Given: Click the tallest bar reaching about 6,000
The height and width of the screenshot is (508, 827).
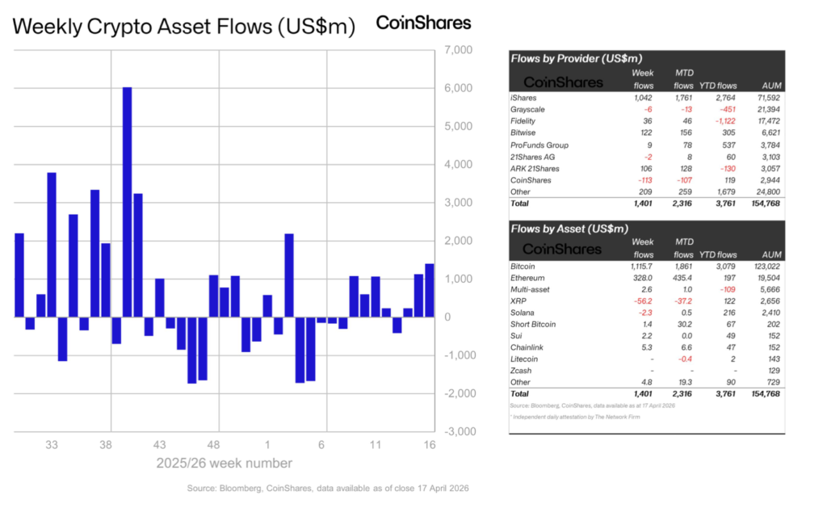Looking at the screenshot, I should (127, 202).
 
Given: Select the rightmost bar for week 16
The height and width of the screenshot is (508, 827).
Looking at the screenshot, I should (430, 290).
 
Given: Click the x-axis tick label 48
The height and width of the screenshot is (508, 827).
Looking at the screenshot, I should (213, 445).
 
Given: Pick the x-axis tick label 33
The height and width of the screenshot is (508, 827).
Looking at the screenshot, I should (52, 445).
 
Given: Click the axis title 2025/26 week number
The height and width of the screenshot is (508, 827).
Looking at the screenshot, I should (224, 464).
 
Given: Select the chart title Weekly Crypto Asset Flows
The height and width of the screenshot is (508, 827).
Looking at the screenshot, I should (184, 26).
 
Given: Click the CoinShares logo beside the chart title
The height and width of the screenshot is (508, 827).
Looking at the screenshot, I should (424, 23).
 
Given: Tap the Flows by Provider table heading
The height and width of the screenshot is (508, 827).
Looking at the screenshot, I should (566, 58).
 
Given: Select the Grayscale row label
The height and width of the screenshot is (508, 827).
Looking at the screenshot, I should (528, 108).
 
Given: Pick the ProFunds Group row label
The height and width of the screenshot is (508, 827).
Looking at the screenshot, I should (538, 144).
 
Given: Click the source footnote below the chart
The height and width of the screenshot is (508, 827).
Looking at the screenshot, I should (327, 489).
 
